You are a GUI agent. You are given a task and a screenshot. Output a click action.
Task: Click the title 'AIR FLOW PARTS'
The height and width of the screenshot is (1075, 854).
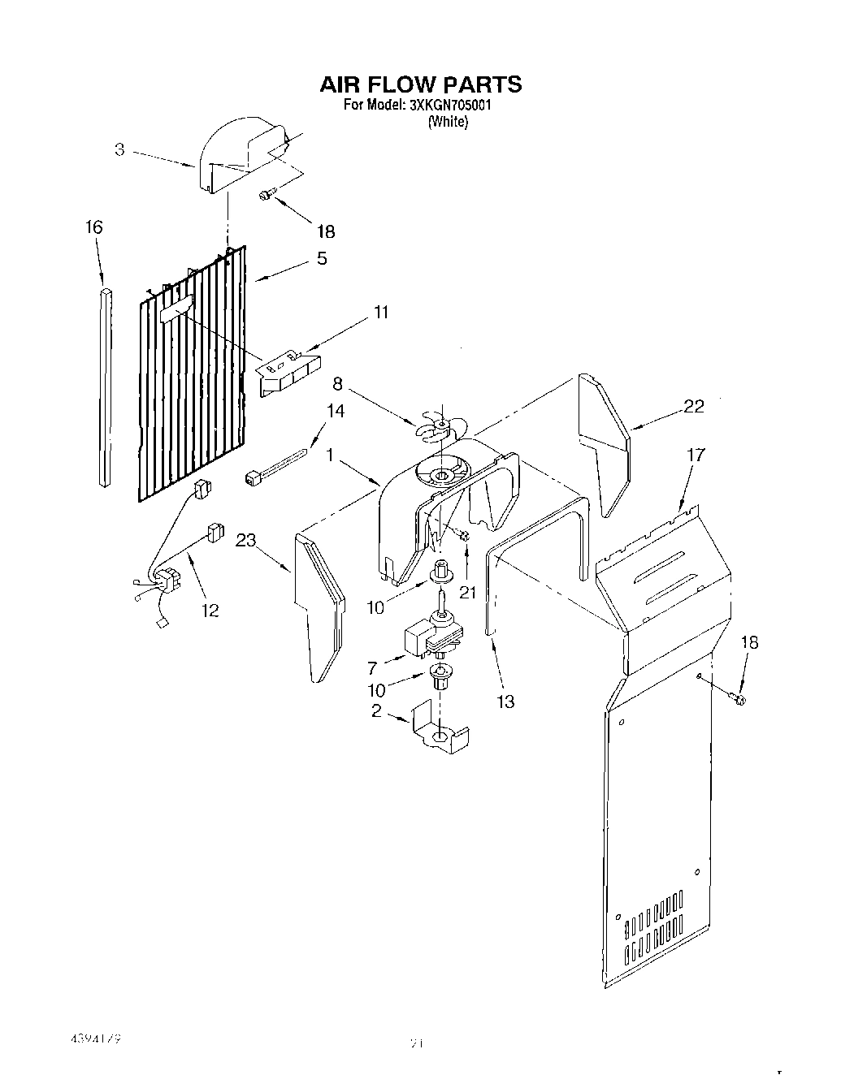(x=420, y=84)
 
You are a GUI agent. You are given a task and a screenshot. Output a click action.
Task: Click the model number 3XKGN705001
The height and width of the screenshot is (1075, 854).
(x=440, y=106)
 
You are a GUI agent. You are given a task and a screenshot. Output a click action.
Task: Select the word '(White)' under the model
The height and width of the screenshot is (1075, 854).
(x=448, y=122)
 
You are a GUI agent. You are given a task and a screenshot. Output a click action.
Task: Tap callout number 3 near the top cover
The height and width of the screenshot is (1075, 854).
(x=119, y=150)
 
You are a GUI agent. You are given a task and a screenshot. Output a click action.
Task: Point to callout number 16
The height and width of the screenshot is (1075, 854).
(x=94, y=227)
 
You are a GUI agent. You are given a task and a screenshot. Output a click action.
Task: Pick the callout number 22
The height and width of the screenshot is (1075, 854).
(x=693, y=407)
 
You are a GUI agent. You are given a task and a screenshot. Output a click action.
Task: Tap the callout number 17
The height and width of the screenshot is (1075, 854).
(x=696, y=455)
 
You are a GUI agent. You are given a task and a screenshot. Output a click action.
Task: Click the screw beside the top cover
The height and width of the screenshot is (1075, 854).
(x=267, y=194)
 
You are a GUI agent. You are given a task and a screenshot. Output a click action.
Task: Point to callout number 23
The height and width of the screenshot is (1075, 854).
(x=247, y=540)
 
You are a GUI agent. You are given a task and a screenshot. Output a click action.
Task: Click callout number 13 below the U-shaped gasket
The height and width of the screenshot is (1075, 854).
(x=505, y=701)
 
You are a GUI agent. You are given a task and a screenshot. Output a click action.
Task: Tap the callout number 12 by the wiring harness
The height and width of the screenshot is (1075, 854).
(x=210, y=610)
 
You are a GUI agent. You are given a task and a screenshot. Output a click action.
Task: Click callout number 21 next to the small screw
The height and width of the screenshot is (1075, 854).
(x=467, y=592)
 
